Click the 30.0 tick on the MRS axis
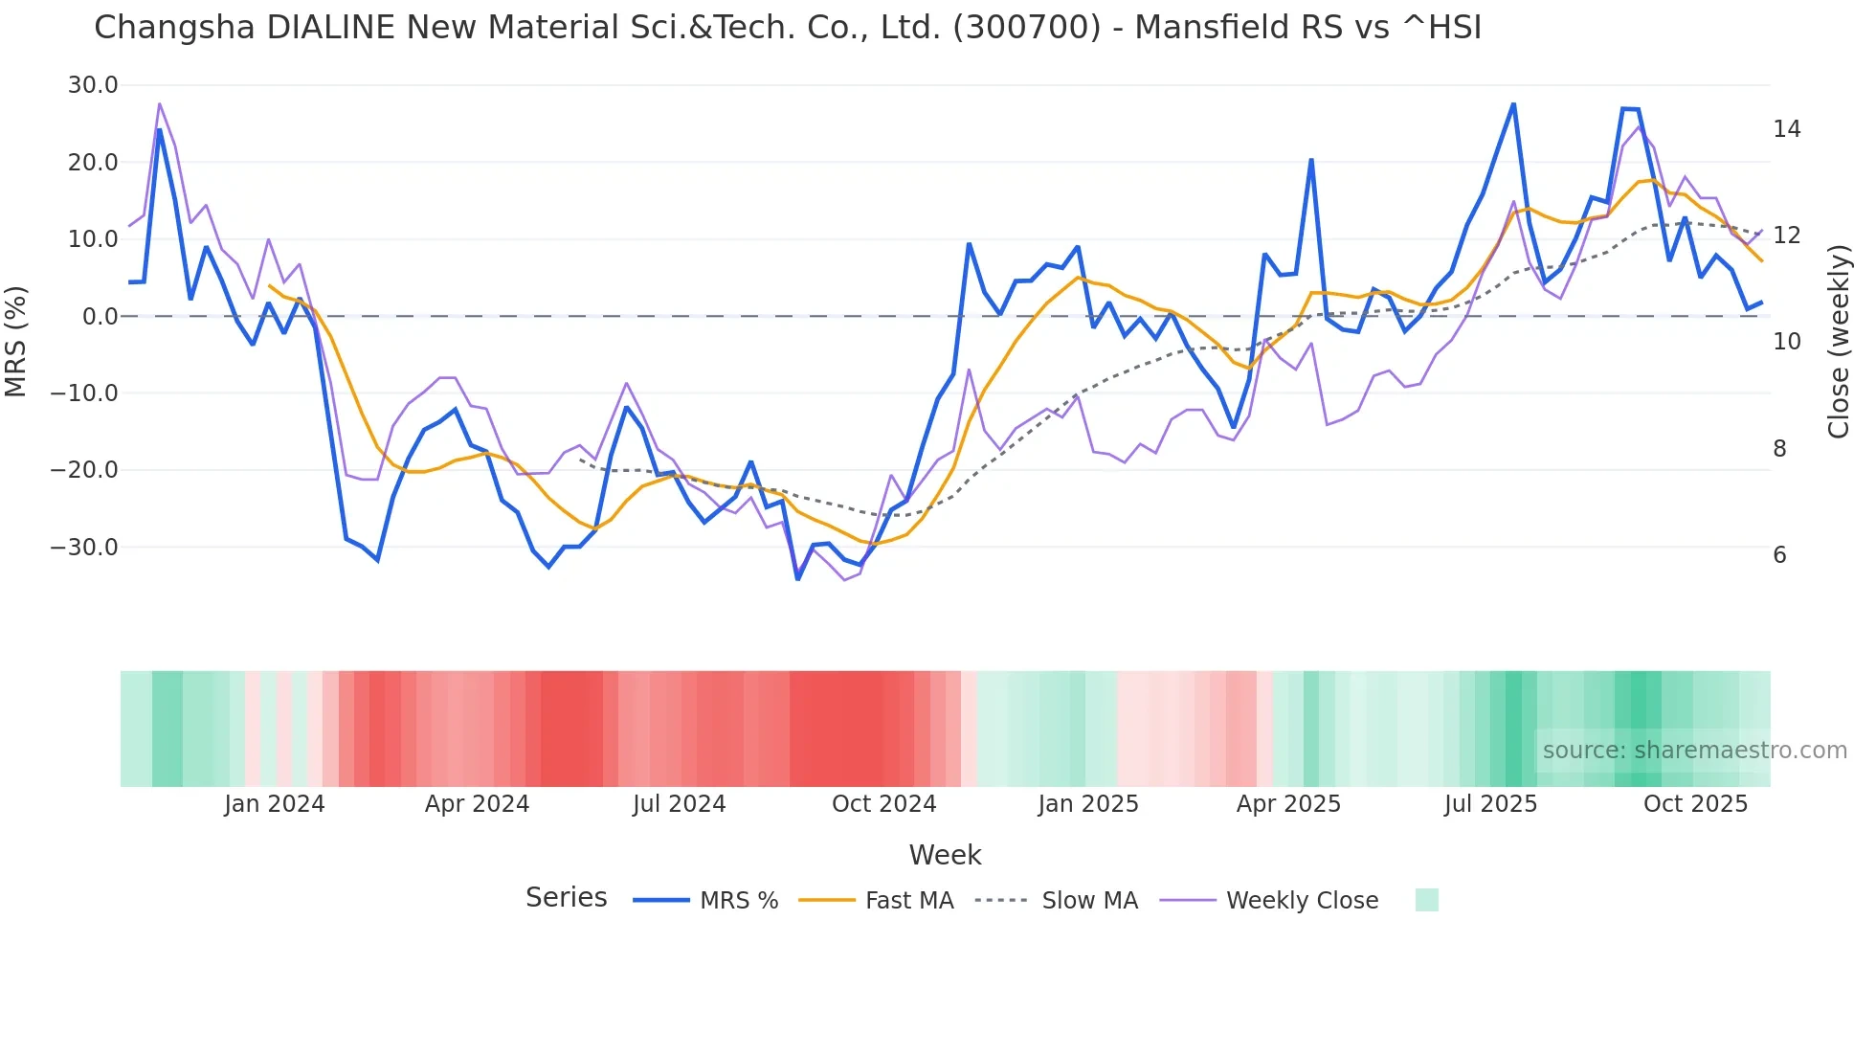pyautogui.click(x=92, y=85)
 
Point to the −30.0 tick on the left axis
pyautogui.click(x=84, y=548)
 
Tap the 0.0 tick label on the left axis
pyautogui.click(x=100, y=317)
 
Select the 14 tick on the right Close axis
pyautogui.click(x=1786, y=129)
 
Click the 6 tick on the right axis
pyautogui.click(x=1779, y=555)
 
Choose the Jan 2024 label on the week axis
pyautogui.click(x=275, y=804)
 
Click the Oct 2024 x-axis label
pyautogui.click(x=883, y=804)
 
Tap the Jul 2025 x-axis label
pyautogui.click(x=1490, y=804)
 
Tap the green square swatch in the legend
pyautogui.click(x=1426, y=900)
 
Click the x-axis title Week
pyautogui.click(x=945, y=855)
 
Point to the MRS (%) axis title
pyautogui.click(x=16, y=341)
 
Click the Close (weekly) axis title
pyautogui.click(x=1838, y=341)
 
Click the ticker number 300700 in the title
pyautogui.click(x=1026, y=28)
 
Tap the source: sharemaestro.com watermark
pyautogui.click(x=1694, y=751)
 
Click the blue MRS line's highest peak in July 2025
pyautogui.click(x=1513, y=104)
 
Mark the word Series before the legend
pyautogui.click(x=566, y=898)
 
